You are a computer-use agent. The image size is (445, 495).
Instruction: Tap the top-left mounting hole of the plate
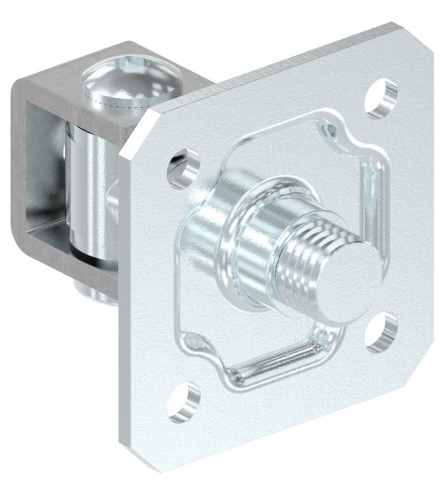182,165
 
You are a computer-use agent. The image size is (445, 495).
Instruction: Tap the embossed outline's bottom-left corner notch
198,346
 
